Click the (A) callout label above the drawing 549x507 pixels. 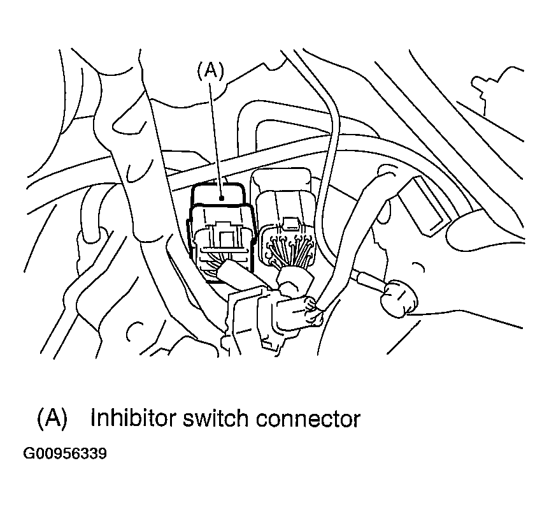[x=210, y=70]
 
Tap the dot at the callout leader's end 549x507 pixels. [x=221, y=198]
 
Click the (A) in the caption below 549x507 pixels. [x=52, y=418]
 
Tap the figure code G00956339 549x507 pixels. [x=65, y=453]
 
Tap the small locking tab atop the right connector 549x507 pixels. [x=289, y=224]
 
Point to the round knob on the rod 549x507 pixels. [x=399, y=298]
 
